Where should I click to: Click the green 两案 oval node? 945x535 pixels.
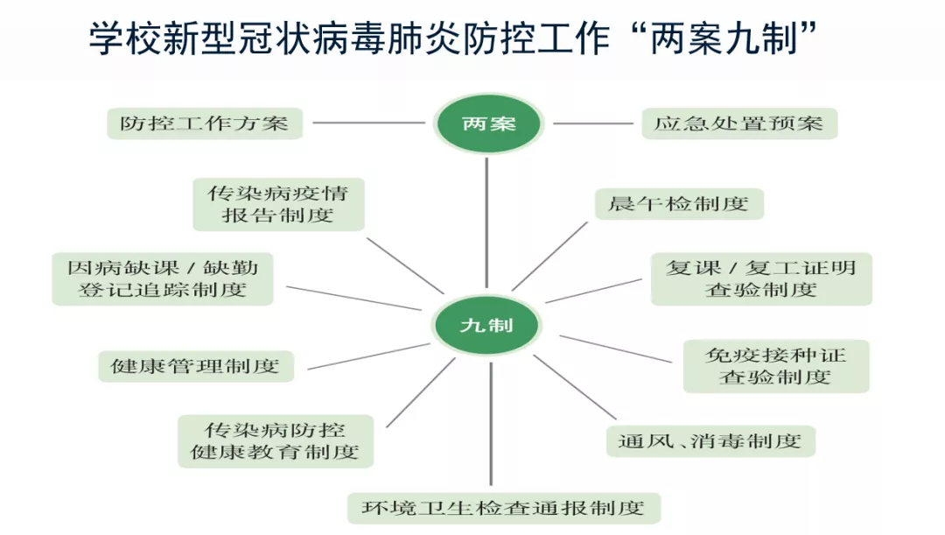[488, 123]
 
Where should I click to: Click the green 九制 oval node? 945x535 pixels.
[487, 325]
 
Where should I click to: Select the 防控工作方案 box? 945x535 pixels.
[205, 123]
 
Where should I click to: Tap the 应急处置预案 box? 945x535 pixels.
[738, 123]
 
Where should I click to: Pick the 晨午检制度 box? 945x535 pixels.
[679, 204]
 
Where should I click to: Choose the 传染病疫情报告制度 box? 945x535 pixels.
[279, 204]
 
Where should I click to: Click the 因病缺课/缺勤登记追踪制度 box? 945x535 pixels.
[163, 278]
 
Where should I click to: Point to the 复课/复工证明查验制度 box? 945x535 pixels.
[761, 278]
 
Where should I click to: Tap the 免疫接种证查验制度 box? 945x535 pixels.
[776, 365]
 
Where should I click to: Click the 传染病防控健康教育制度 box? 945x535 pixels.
[276, 440]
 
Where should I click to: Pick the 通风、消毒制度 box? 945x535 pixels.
[710, 440]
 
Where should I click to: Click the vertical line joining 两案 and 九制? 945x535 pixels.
[487, 228]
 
